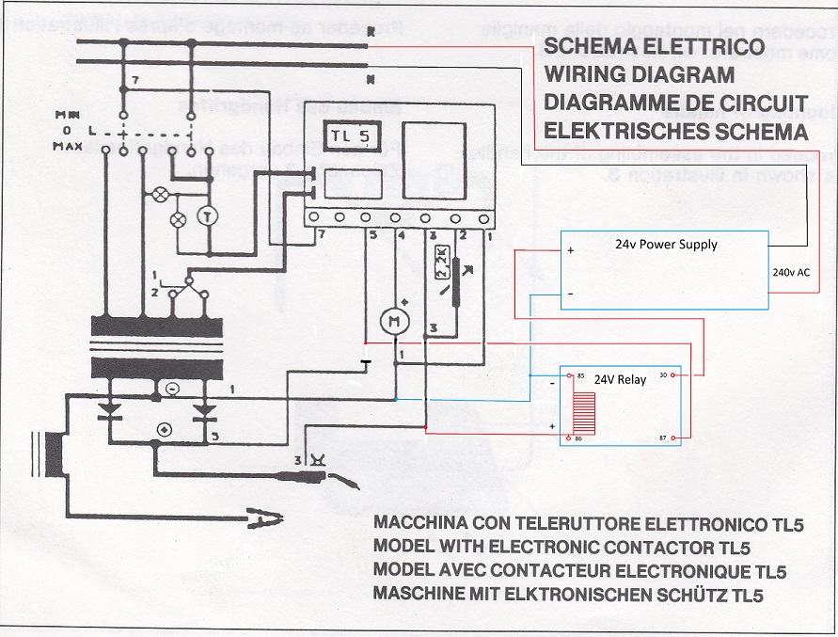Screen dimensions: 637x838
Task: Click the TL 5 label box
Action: [x=351, y=137]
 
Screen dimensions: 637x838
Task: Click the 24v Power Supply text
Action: [x=666, y=245]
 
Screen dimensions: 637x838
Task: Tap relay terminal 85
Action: [x=580, y=377]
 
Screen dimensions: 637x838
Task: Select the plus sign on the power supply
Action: [x=570, y=251]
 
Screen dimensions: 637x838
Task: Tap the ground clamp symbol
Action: [x=264, y=515]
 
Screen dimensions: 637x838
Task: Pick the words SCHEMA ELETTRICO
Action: [x=648, y=47]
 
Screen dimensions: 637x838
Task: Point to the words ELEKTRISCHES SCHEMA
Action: [x=675, y=130]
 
